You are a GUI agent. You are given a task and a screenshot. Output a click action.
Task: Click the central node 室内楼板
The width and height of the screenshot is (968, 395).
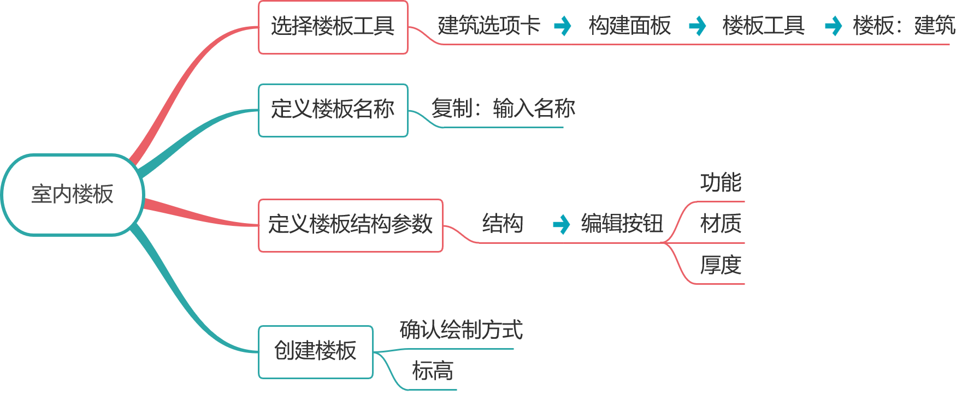(73, 195)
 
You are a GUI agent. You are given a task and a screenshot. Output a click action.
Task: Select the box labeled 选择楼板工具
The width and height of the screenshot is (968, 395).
(333, 27)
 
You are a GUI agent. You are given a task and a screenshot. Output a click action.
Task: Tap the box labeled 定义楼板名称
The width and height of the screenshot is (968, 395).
(333, 110)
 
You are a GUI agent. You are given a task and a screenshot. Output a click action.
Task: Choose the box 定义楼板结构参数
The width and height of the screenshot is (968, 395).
(350, 225)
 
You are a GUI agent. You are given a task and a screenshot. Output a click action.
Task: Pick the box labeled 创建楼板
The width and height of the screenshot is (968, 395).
(315, 351)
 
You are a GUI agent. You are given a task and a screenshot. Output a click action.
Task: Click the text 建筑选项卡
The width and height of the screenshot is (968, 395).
(489, 26)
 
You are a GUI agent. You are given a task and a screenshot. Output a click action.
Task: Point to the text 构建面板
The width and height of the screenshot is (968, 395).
(629, 26)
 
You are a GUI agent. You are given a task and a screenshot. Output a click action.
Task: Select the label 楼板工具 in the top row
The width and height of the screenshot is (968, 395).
(763, 26)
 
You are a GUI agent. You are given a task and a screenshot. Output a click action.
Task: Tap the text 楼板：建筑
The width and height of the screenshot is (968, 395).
(904, 26)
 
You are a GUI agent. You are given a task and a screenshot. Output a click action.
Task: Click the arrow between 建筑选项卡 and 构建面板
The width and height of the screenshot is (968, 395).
(563, 26)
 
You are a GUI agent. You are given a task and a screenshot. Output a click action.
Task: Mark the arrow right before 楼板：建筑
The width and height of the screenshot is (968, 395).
(833, 26)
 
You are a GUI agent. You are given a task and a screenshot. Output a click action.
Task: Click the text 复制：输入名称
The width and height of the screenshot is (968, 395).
(503, 109)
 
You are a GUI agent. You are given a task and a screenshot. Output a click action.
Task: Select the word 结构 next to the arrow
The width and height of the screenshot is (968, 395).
(503, 224)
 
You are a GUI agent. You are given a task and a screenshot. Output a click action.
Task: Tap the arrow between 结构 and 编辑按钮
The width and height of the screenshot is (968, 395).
(561, 224)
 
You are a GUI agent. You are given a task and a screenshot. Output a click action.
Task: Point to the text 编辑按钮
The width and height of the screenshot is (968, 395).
(622, 224)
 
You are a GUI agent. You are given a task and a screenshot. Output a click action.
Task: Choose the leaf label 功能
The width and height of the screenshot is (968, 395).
(721, 183)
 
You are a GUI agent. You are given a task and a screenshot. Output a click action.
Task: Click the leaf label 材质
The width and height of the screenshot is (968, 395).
(721, 224)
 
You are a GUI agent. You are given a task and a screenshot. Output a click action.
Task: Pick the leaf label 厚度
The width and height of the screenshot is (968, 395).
(721, 265)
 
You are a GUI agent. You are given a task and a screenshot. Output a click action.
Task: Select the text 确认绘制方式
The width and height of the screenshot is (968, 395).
(461, 330)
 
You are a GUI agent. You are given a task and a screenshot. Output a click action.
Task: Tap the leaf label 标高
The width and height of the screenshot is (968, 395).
(432, 372)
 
